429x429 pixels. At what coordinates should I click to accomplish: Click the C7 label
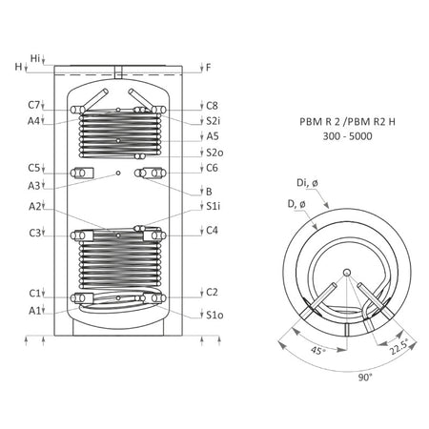pyautogui.click(x=33, y=105)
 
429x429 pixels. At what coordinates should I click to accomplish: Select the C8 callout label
pyautogui.click(x=212, y=105)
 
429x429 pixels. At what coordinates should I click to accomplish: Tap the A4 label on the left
pyautogui.click(x=33, y=121)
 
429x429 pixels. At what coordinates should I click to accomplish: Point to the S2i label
pyautogui.click(x=214, y=121)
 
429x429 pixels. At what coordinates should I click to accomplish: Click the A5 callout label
pyautogui.click(x=212, y=136)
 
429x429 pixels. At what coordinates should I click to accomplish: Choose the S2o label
pyautogui.click(x=214, y=153)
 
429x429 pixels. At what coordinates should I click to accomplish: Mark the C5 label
pyautogui.click(x=33, y=169)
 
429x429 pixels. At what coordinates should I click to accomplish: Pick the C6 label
pyautogui.click(x=212, y=169)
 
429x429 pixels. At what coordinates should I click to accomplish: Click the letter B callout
pyautogui.click(x=209, y=191)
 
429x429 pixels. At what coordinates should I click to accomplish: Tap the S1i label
pyautogui.click(x=214, y=206)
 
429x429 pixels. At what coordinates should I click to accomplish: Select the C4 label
pyautogui.click(x=212, y=230)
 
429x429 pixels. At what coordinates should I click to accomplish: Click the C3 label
pyautogui.click(x=33, y=233)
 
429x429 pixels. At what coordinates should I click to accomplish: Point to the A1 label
pyautogui.click(x=33, y=310)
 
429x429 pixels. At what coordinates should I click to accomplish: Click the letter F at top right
pyautogui.click(x=209, y=68)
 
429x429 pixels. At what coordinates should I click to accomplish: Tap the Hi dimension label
pyautogui.click(x=35, y=58)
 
